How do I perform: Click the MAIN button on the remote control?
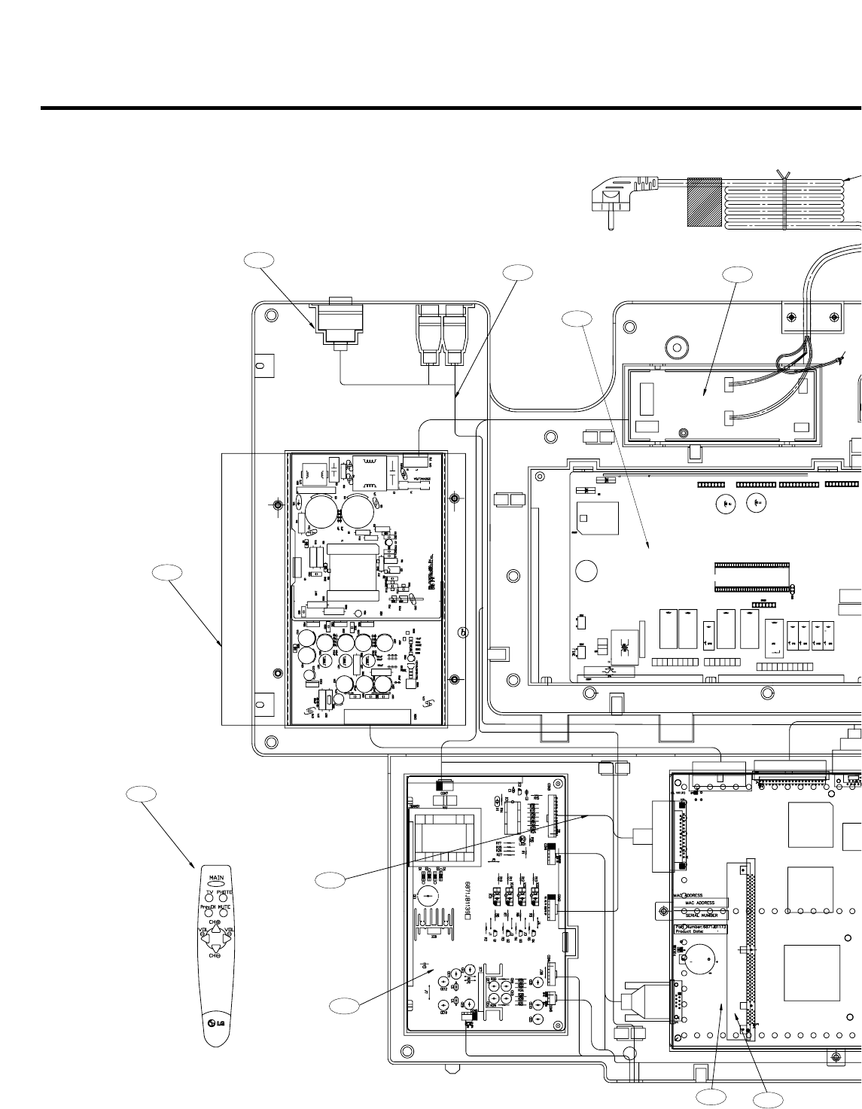[216, 879]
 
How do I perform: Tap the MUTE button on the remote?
[224, 908]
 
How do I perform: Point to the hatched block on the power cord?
[705, 203]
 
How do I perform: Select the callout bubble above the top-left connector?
[258, 260]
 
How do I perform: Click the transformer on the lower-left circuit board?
[441, 835]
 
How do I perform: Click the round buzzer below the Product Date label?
[698, 961]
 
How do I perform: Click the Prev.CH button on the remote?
[208, 908]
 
